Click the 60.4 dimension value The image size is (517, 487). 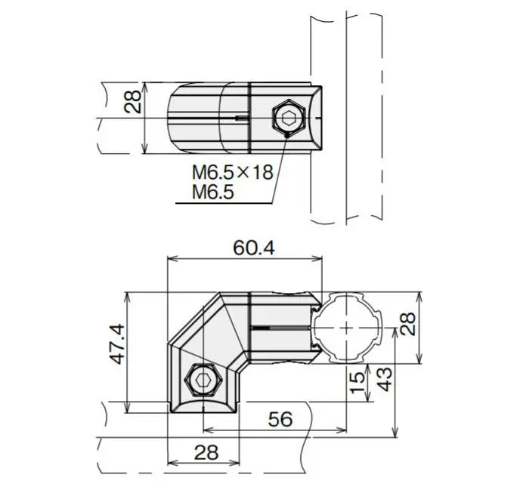click(x=253, y=248)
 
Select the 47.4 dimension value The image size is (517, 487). click(x=117, y=344)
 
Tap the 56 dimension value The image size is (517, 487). click(x=280, y=419)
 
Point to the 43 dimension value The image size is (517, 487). click(x=385, y=379)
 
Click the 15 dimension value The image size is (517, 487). click(x=358, y=382)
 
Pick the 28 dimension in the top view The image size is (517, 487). click(x=132, y=102)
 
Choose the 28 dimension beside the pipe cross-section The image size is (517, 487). click(x=408, y=324)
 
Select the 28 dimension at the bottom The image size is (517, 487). click(x=206, y=452)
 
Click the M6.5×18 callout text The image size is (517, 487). click(x=233, y=173)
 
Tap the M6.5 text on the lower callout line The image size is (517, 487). click(x=213, y=192)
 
